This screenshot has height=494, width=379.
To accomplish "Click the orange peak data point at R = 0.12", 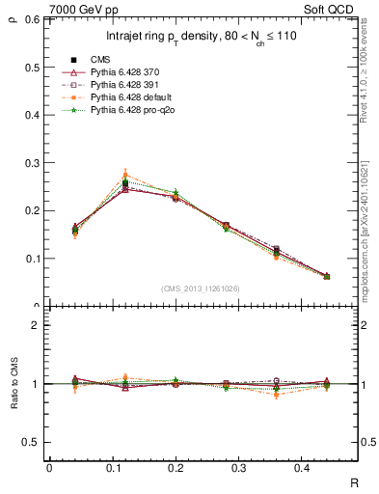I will [125, 176].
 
